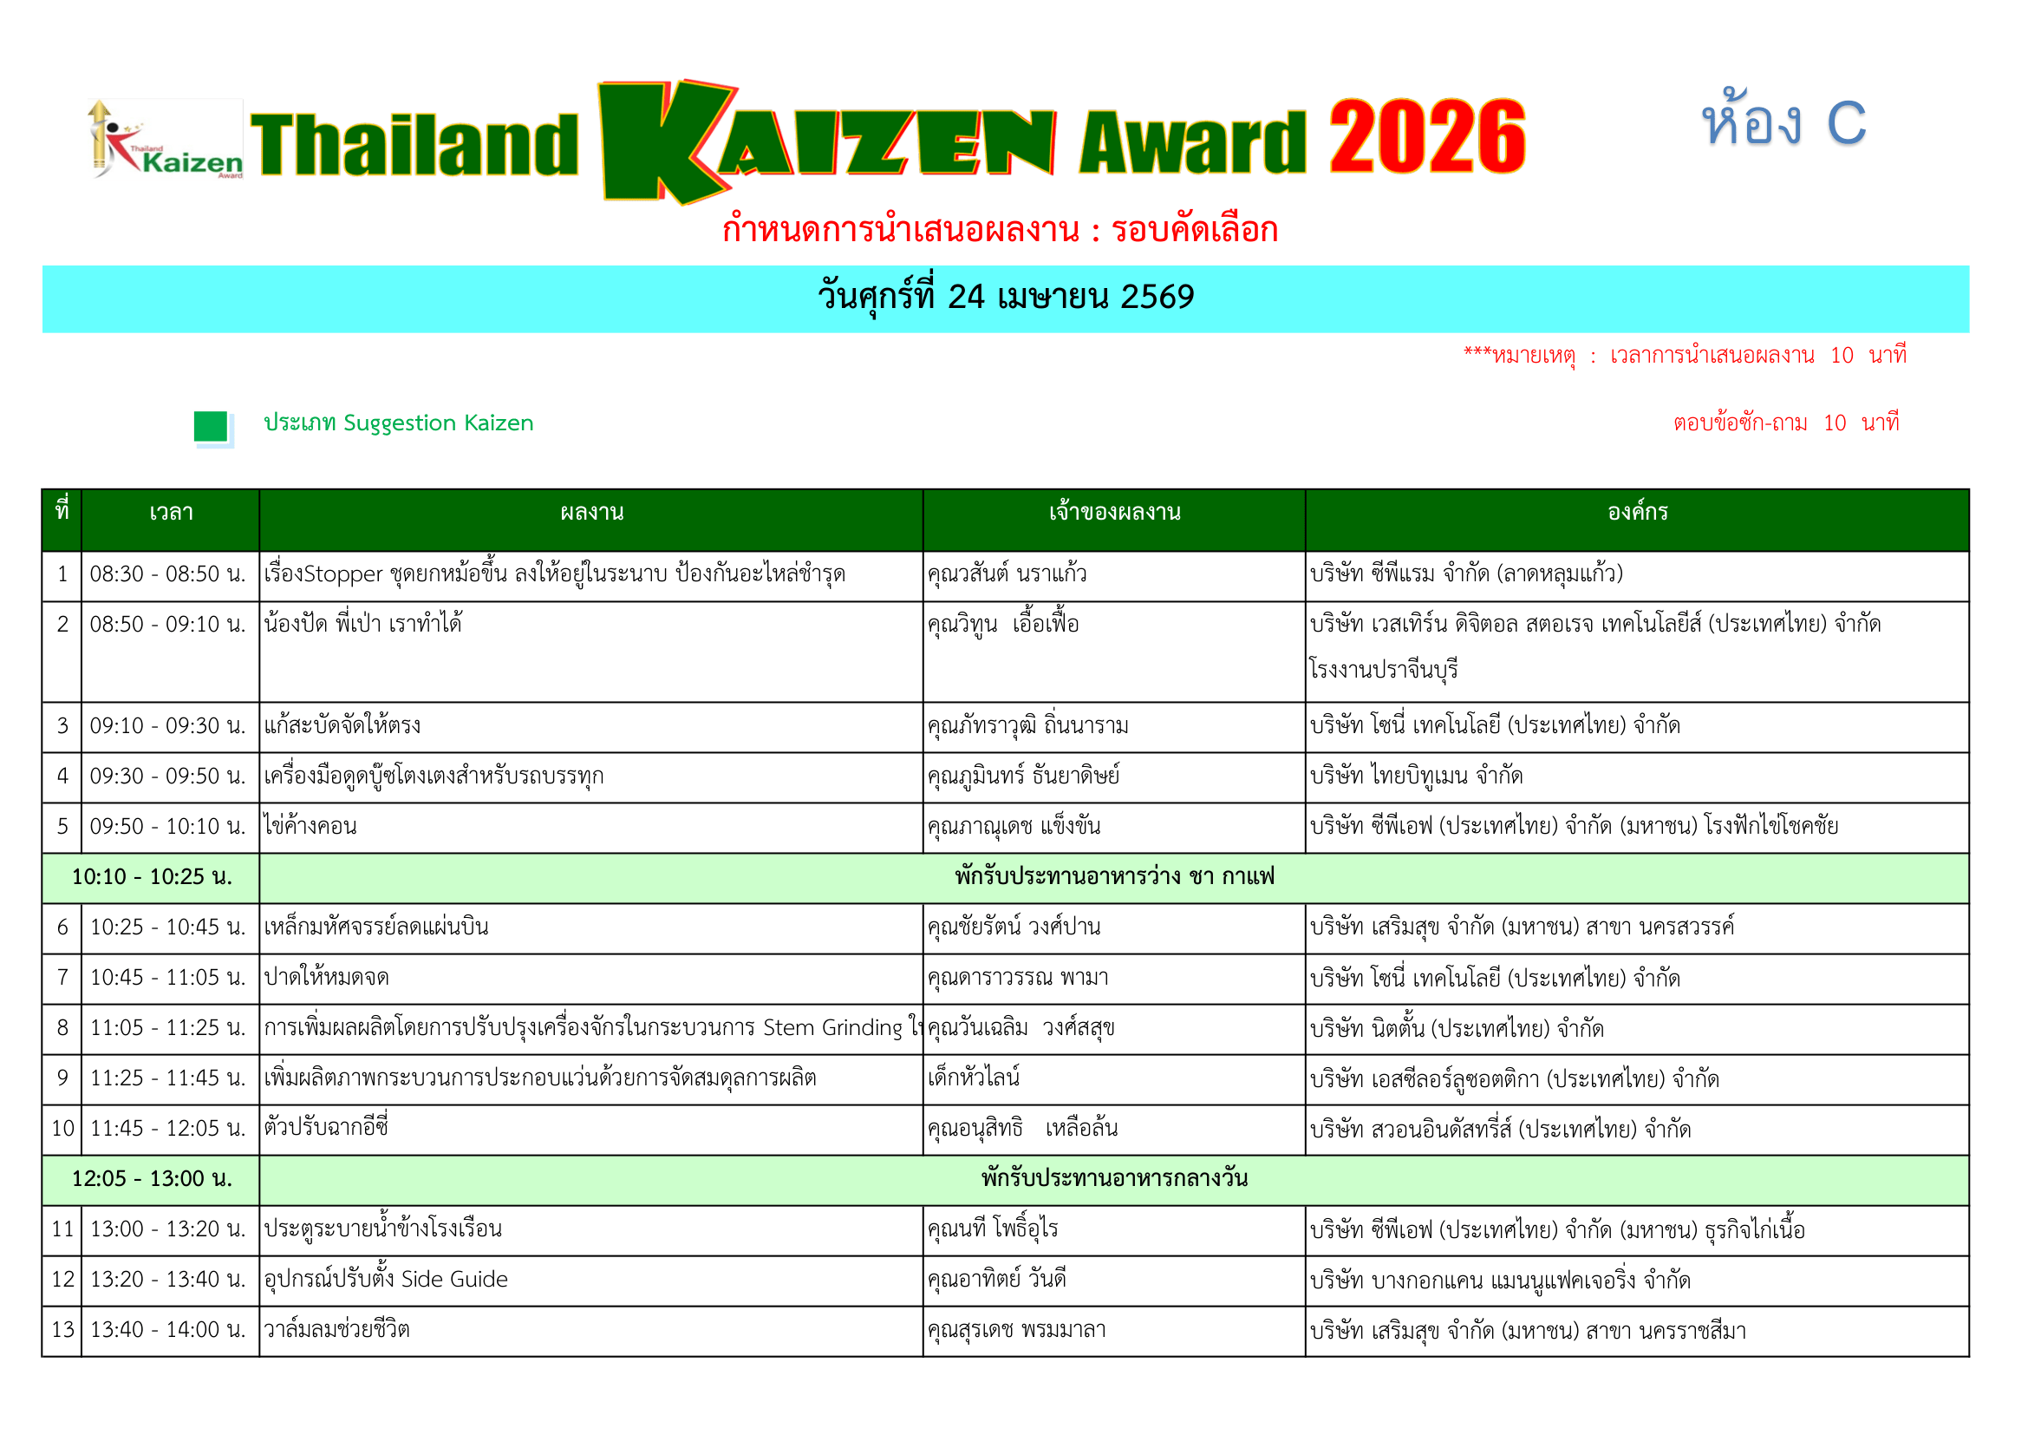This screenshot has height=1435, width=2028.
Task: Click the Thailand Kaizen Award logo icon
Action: [x=166, y=140]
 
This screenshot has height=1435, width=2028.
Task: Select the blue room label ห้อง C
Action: [x=1783, y=122]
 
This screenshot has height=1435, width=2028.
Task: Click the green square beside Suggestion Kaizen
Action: [x=211, y=427]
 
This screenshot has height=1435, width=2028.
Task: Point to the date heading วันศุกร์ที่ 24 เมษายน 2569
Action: [x=1005, y=297]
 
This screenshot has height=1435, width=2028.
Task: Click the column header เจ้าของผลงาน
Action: [x=1114, y=513]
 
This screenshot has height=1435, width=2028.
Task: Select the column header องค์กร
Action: [x=1637, y=513]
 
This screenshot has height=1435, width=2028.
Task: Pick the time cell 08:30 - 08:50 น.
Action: [x=168, y=574]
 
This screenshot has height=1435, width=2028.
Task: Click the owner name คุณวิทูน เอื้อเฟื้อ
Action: [x=1002, y=625]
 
